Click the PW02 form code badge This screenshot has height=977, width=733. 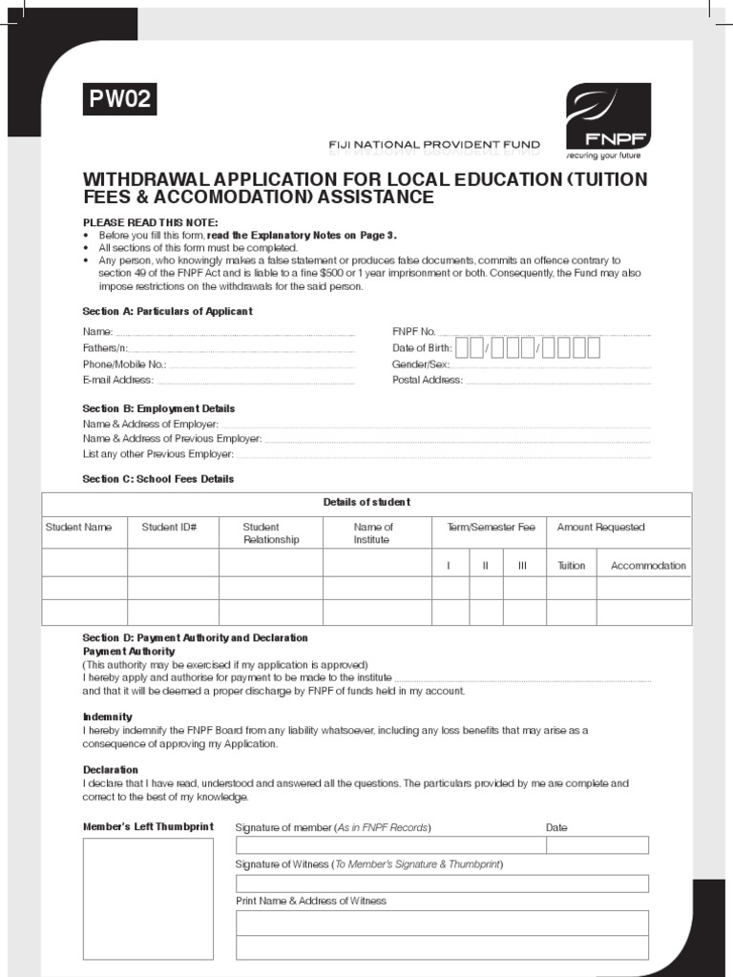119,99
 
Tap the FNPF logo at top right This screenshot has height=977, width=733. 608,120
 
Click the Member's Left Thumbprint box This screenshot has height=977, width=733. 148,898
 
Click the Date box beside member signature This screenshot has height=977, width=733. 597,844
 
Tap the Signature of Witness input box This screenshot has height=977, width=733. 441,883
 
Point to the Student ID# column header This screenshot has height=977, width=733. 169,527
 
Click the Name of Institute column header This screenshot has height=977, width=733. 372,532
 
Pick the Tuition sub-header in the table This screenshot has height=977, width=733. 571,566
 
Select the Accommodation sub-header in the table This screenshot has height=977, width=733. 648,566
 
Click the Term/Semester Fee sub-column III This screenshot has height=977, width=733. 522,566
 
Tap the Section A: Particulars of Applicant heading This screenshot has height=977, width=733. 167,311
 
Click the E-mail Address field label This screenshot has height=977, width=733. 117,380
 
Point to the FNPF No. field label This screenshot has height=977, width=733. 413,331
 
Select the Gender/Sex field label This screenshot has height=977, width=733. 420,364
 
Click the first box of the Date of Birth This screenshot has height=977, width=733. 462,347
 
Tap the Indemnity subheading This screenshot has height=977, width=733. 107,717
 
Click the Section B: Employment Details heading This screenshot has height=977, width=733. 158,408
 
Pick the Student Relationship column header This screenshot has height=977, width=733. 270,532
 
